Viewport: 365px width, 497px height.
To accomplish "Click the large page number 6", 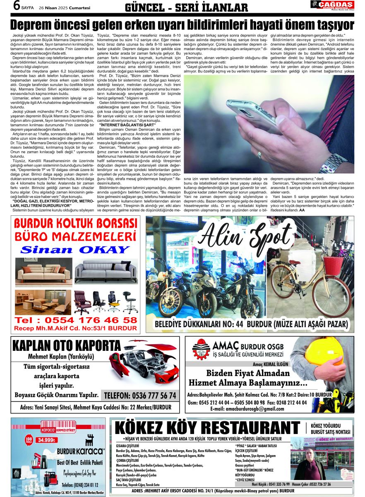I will click(x=17, y=6).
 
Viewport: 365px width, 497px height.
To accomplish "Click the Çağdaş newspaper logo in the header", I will click(x=332, y=5).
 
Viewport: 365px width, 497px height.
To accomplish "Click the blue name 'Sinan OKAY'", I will click(x=75, y=250).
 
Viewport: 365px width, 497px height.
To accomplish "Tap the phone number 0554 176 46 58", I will click(x=75, y=320).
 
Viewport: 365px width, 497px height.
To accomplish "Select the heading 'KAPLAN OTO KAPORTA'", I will click(x=66, y=345).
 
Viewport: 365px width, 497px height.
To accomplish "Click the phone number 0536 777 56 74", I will click(x=140, y=395).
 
